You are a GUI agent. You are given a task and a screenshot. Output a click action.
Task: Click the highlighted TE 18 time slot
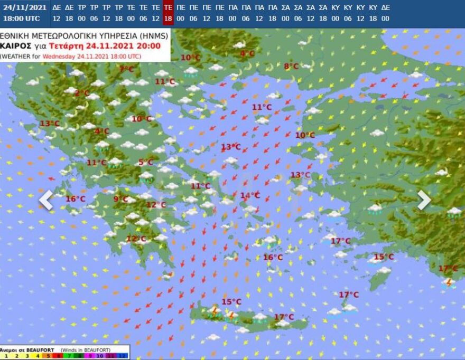(168, 13)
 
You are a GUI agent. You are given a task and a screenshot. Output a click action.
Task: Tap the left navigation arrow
(46, 200)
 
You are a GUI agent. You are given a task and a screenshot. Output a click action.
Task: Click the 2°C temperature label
(82, 93)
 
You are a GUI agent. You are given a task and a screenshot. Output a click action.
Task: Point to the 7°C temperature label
(127, 69)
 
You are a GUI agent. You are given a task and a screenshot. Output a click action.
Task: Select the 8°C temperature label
(291, 67)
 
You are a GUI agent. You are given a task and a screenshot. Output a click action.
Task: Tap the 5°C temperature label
(146, 162)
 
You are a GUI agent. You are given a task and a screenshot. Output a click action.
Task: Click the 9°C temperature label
(121, 199)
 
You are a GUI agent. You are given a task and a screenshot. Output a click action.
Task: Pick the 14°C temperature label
(249, 195)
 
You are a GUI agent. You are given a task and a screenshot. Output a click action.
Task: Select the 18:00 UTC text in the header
(21, 18)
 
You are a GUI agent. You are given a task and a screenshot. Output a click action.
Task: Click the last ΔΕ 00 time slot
(385, 13)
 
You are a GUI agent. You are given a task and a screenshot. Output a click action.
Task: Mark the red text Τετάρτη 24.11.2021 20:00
(127, 45)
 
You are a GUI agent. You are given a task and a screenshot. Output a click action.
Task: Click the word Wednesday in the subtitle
(59, 55)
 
